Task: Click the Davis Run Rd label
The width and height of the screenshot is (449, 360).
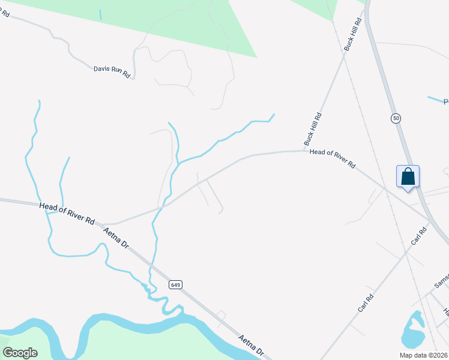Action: (112, 71)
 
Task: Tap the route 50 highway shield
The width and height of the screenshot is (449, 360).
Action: (395, 118)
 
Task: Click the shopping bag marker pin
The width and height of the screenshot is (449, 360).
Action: (408, 178)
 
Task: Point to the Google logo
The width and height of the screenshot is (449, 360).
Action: (20, 353)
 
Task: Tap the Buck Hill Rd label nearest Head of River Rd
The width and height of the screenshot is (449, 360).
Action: (313, 129)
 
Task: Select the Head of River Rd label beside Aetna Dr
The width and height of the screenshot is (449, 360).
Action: (67, 214)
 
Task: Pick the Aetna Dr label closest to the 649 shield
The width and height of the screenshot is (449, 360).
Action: (116, 238)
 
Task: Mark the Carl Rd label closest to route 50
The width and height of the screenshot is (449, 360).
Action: (419, 235)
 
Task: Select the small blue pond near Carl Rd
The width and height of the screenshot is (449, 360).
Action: (412, 331)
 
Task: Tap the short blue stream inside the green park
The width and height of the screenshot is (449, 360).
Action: (100, 14)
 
